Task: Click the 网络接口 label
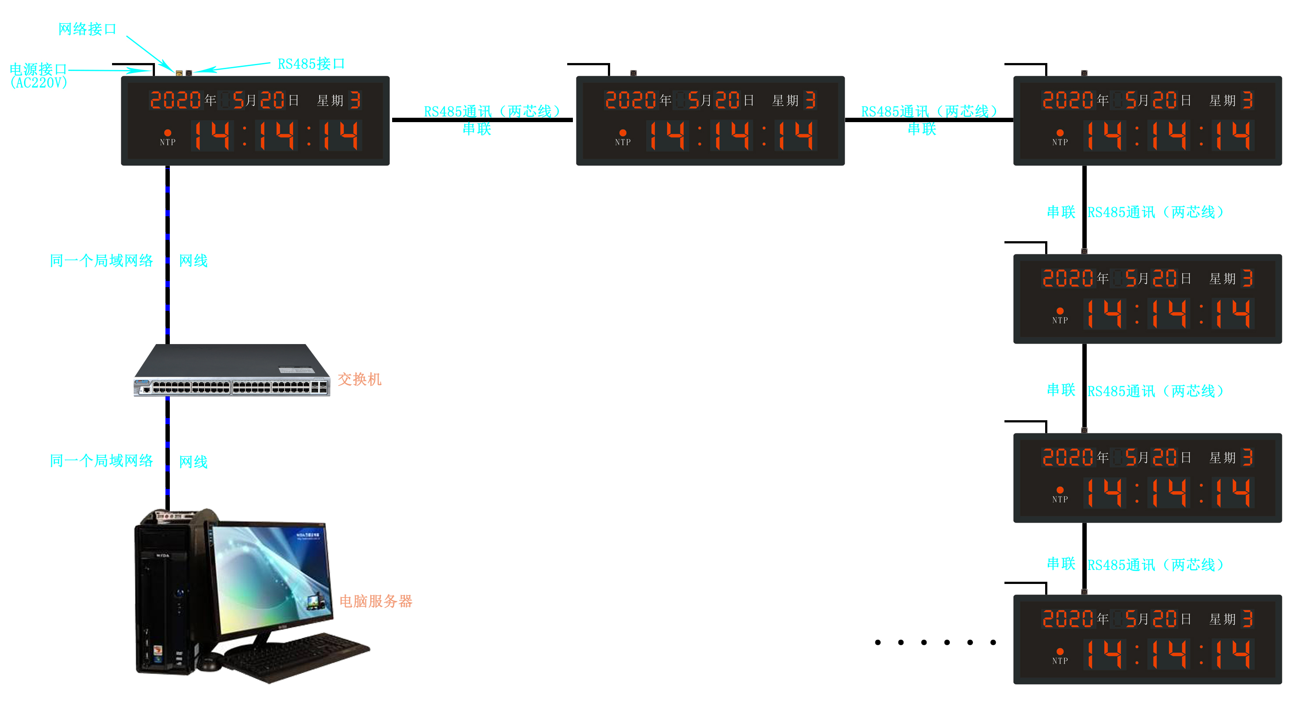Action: pos(87,29)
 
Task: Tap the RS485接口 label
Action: pos(311,64)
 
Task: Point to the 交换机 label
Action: pos(359,379)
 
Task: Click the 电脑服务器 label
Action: pos(376,601)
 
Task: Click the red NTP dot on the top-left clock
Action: pos(168,133)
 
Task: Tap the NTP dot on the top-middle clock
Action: pos(623,133)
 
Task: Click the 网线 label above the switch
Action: pos(193,261)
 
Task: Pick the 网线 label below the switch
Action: pos(193,462)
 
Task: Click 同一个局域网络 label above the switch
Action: pos(102,261)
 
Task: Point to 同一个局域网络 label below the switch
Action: pos(102,461)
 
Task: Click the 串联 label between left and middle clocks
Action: pos(477,129)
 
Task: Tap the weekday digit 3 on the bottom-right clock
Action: pos(1247,619)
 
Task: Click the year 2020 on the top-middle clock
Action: pos(631,100)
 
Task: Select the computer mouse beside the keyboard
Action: pos(209,663)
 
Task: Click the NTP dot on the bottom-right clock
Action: pos(1060,651)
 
